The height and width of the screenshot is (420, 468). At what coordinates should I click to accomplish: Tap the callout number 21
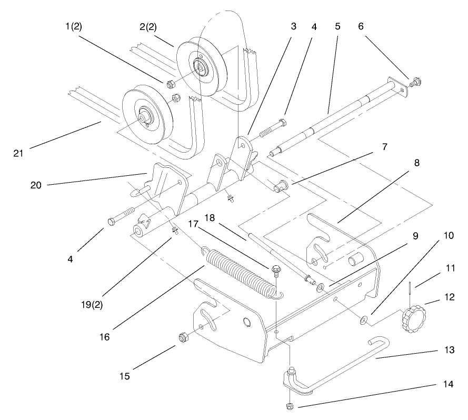click(19, 153)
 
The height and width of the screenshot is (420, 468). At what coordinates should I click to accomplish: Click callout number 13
click(435, 349)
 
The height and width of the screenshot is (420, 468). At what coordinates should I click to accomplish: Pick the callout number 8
click(416, 163)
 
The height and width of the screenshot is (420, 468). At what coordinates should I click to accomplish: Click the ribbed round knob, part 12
click(412, 318)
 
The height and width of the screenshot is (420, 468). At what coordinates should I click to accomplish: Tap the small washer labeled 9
click(321, 288)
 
